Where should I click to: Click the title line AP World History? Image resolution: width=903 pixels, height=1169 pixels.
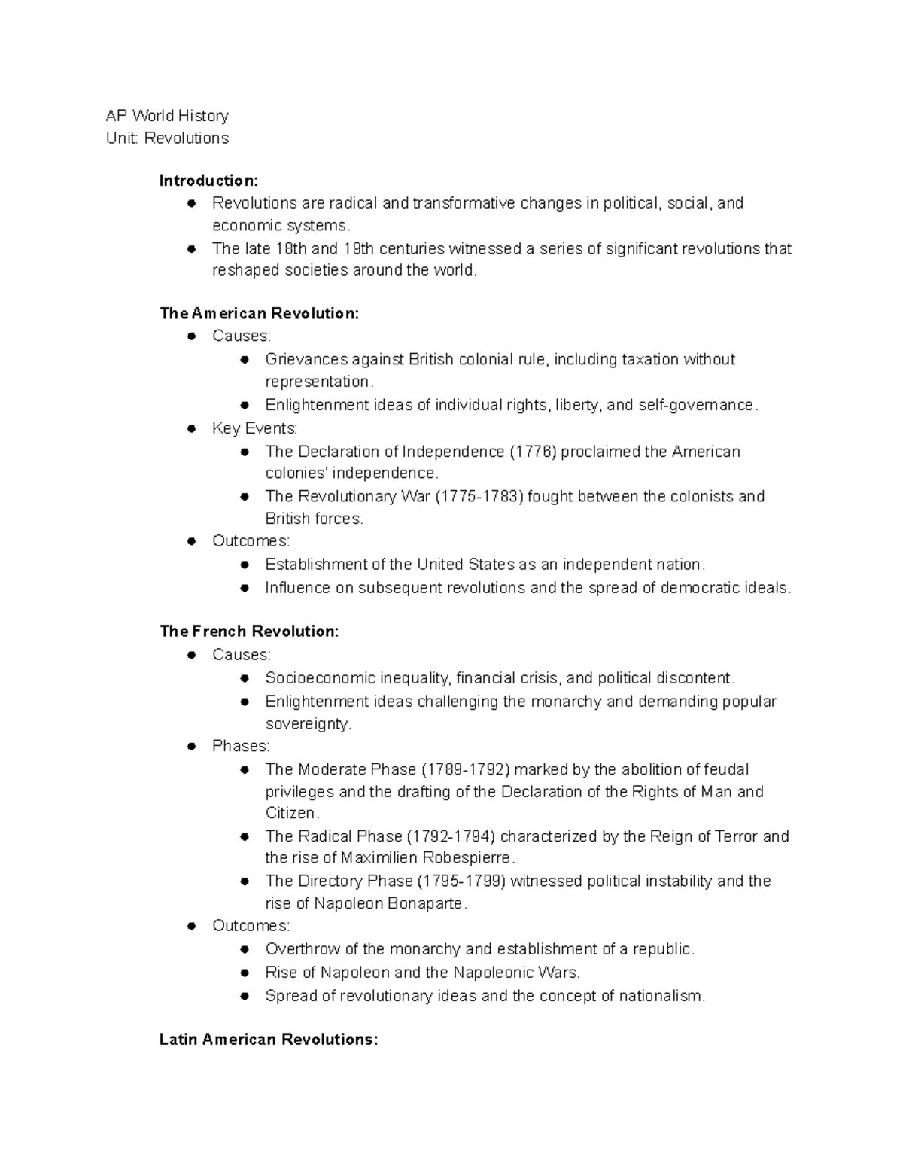tap(167, 116)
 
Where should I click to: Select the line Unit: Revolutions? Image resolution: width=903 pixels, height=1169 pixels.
tap(167, 139)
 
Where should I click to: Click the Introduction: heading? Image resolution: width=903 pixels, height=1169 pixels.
tap(208, 181)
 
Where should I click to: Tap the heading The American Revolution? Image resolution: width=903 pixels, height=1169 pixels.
tap(260, 314)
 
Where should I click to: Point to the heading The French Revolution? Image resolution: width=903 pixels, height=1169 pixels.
tap(249, 632)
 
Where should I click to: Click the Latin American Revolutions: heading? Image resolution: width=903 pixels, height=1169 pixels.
tap(269, 1040)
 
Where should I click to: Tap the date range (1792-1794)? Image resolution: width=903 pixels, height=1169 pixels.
tap(451, 836)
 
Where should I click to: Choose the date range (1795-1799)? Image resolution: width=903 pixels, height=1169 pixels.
tap(461, 881)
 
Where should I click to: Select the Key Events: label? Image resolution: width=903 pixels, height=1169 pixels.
tap(254, 428)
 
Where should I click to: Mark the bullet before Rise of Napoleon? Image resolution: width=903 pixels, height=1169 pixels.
tap(245, 973)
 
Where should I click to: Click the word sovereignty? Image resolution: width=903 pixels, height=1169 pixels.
tap(308, 724)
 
